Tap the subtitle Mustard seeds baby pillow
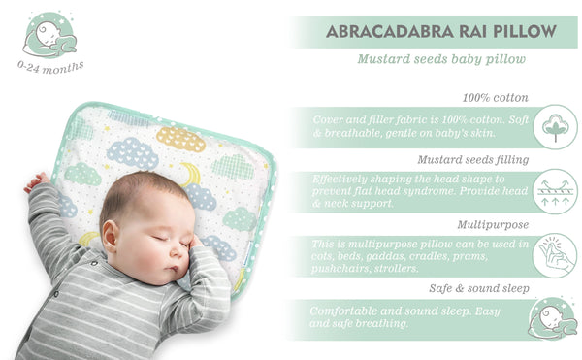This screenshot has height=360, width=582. pos(441,59)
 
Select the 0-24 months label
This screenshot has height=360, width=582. pos(50,67)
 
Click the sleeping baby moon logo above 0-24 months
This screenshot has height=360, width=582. pos(50,36)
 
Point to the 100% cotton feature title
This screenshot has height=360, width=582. pos(496,98)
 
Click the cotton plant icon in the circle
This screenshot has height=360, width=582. pos(554,127)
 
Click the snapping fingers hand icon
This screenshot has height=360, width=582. pos(554,254)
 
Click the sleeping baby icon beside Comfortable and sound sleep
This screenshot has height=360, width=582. pos(554,319)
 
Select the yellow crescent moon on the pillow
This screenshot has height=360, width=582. pos(190,176)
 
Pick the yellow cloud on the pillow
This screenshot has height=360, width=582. pos(180,138)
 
